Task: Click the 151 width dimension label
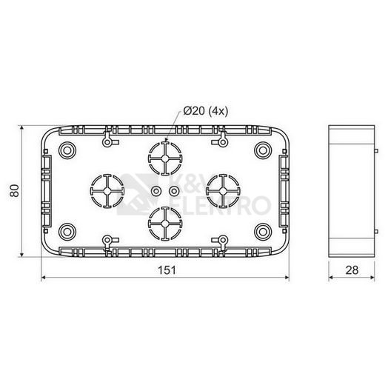point(167,270)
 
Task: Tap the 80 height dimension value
point(15,190)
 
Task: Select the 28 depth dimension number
point(352,270)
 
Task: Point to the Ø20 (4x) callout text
point(205,111)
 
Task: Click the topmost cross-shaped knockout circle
point(165,158)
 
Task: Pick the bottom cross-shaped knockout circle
point(165,224)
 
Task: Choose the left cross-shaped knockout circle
point(107,191)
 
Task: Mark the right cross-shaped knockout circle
point(223,191)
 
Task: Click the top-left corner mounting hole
point(67,150)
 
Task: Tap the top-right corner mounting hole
point(263,150)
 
